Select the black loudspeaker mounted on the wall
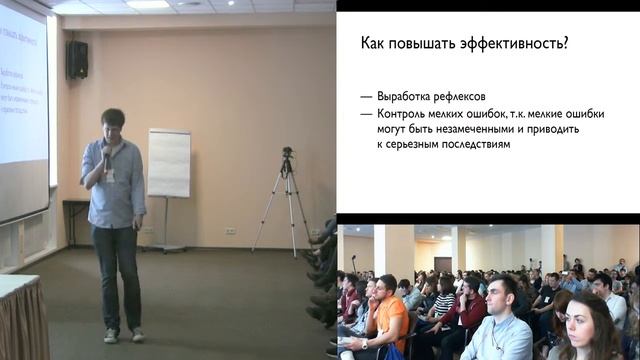pyautogui.click(x=77, y=60)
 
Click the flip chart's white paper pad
pyautogui.click(x=169, y=162)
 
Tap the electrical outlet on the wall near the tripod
pyautogui.click(x=230, y=231)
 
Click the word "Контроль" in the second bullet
pyautogui.click(x=402, y=113)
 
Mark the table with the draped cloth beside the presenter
pyautogui.click(x=22, y=320)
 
